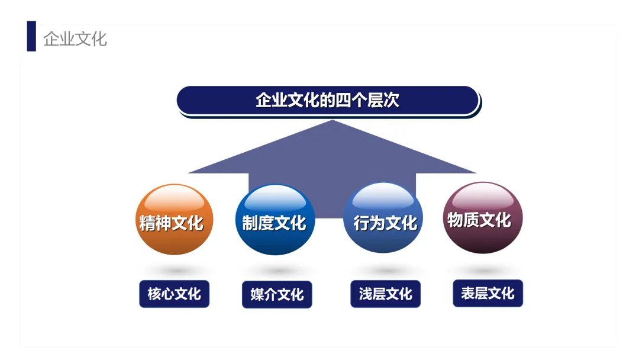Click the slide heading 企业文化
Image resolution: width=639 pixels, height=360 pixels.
coord(75,38)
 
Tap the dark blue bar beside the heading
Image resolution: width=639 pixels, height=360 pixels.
coord(31,36)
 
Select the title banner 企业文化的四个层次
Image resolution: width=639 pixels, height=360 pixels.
coord(328,100)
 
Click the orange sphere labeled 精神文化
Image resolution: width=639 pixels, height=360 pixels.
coord(174,220)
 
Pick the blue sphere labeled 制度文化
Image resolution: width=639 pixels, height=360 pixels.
coord(275,220)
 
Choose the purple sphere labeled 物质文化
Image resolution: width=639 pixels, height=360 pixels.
coord(483,217)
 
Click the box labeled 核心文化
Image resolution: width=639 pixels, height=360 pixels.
coord(174,294)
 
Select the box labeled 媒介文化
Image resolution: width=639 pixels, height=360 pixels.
coord(276,294)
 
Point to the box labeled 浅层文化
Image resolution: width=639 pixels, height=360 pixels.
coord(385,294)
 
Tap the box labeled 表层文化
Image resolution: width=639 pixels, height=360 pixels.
coord(488,293)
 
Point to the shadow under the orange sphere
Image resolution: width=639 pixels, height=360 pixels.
coord(174,269)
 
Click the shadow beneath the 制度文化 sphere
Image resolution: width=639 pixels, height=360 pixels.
coord(276,271)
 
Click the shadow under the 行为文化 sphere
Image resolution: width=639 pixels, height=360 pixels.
coord(385,270)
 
